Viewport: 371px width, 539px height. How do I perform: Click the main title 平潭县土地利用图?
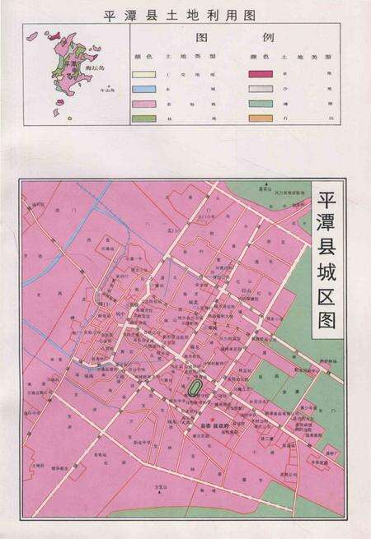185,14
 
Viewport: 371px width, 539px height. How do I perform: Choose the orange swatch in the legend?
261,118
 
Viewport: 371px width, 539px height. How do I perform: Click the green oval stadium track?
195,386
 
